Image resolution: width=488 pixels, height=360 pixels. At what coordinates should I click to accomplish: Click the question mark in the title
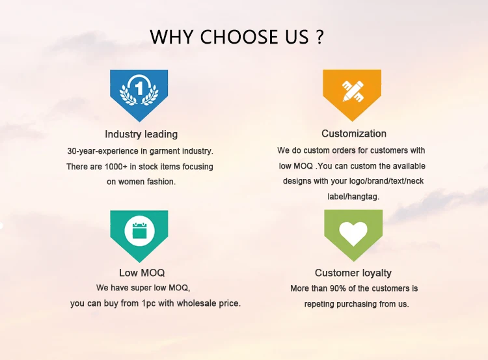(x=319, y=36)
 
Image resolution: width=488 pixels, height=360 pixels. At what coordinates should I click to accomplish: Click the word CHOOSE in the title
(x=239, y=36)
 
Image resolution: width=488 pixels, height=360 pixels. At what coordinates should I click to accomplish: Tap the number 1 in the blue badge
(x=139, y=88)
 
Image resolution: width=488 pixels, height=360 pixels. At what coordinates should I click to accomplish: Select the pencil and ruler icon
(x=353, y=91)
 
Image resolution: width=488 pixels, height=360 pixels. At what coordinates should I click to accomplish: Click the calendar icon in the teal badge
(x=139, y=230)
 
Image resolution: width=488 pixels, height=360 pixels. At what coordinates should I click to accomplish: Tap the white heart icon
(x=353, y=234)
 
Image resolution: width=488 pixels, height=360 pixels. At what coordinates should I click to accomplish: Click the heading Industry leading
(x=141, y=134)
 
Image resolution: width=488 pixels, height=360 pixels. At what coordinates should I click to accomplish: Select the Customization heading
(x=354, y=133)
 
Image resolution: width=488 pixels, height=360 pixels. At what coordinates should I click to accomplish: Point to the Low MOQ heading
(x=142, y=273)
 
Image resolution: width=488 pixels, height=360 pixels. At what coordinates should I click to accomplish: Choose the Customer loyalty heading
(x=353, y=273)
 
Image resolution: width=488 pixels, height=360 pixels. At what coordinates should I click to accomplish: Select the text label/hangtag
(x=353, y=197)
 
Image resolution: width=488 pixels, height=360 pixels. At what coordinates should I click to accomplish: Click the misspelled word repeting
(x=319, y=304)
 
